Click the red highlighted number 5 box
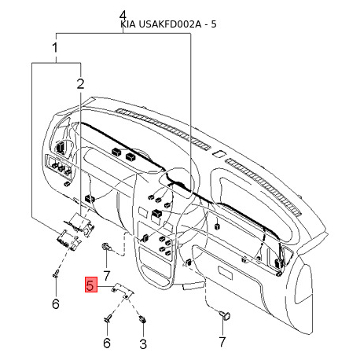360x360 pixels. click(91, 285)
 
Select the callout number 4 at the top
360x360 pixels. click(123, 17)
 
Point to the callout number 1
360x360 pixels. click(55, 48)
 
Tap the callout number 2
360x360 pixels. click(80, 83)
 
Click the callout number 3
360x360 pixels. click(143, 343)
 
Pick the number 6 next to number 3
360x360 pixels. click(107, 343)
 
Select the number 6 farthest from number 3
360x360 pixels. click(56, 304)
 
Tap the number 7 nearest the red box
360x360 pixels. click(106, 276)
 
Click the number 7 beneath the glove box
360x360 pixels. click(222, 342)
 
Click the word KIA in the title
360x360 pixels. click(128, 24)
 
